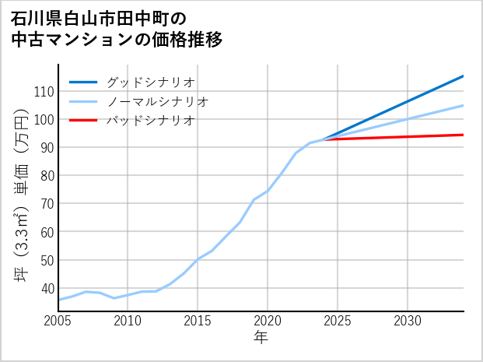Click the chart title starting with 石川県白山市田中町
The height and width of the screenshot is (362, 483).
[117, 29]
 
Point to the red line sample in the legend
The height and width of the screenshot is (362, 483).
[83, 121]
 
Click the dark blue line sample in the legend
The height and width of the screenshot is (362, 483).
[83, 82]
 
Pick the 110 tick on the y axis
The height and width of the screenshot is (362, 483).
[44, 91]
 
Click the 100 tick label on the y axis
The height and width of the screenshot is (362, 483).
[44, 119]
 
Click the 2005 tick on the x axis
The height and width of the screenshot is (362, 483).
[58, 321]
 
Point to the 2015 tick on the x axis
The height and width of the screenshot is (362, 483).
[198, 321]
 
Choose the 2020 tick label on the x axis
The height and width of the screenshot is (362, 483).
[268, 321]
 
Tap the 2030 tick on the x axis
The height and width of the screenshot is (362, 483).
[408, 321]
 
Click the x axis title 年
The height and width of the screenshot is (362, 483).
[261, 338]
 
